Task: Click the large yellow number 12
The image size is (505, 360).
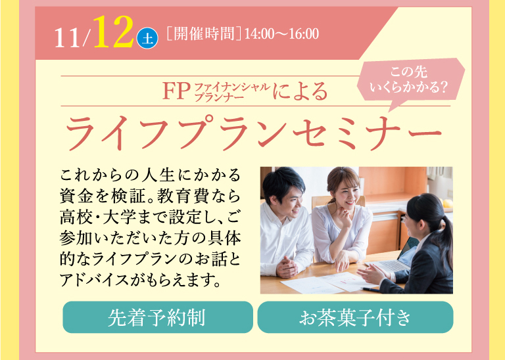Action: pyautogui.click(x=114, y=32)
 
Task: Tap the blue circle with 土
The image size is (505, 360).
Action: pyautogui.click(x=147, y=38)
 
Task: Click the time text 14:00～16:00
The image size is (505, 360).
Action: pyautogui.click(x=282, y=34)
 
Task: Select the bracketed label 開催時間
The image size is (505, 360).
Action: pyautogui.click(x=204, y=34)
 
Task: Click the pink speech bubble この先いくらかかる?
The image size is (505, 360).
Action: pyautogui.click(x=410, y=80)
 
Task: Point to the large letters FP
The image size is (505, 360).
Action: pyautogui.click(x=176, y=91)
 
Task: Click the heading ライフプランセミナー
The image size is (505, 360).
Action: pyautogui.click(x=252, y=133)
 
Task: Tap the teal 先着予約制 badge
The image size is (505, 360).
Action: pyautogui.click(x=158, y=317)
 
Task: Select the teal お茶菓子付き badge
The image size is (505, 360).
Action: pyautogui.click(x=355, y=317)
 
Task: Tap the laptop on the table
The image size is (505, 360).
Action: pyautogui.click(x=395, y=258)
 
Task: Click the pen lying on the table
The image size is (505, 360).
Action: pyautogui.click(x=370, y=289)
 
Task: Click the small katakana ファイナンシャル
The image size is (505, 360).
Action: pyautogui.click(x=233, y=87)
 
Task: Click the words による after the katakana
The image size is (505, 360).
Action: pyautogui.click(x=300, y=91)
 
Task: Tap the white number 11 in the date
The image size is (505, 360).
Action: pyautogui.click(x=67, y=38)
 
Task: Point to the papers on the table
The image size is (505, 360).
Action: pyautogui.click(x=325, y=282)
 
